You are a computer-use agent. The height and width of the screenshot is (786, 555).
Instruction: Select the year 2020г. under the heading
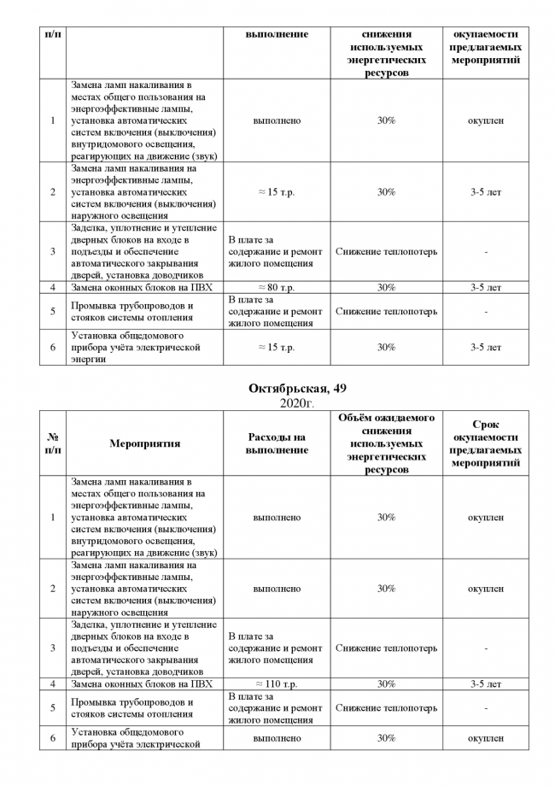pyautogui.click(x=297, y=402)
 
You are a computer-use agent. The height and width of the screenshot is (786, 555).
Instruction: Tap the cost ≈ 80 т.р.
pyautogui.click(x=276, y=288)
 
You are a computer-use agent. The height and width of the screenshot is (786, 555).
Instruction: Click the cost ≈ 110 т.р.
pyautogui.click(x=276, y=684)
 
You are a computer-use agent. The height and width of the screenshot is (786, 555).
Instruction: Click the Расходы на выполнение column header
pyautogui.click(x=276, y=443)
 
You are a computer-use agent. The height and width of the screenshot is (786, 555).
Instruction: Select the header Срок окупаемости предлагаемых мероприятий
pyautogui.click(x=485, y=443)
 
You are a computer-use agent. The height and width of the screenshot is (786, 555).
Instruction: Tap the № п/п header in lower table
pyautogui.click(x=53, y=443)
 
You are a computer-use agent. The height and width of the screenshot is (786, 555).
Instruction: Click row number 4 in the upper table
pyautogui.click(x=53, y=288)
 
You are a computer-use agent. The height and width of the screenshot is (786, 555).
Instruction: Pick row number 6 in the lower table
pyautogui.click(x=53, y=738)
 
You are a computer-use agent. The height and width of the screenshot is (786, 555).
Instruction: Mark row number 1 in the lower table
pyautogui.click(x=53, y=518)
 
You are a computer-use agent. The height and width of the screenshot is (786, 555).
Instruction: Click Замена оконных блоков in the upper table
pyautogui.click(x=142, y=288)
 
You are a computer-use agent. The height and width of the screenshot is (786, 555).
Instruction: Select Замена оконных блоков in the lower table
pyautogui.click(x=142, y=684)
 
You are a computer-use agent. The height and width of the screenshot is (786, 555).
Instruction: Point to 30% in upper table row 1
pyautogui.click(x=386, y=120)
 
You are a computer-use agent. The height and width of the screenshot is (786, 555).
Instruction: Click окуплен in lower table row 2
pyautogui.click(x=485, y=589)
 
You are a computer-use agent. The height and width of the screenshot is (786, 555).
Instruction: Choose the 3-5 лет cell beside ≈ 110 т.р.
pyautogui.click(x=485, y=684)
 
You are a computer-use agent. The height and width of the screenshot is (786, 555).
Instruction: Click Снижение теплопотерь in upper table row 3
pyautogui.click(x=386, y=252)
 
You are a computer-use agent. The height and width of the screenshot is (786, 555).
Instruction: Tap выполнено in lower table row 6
pyautogui.click(x=276, y=738)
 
